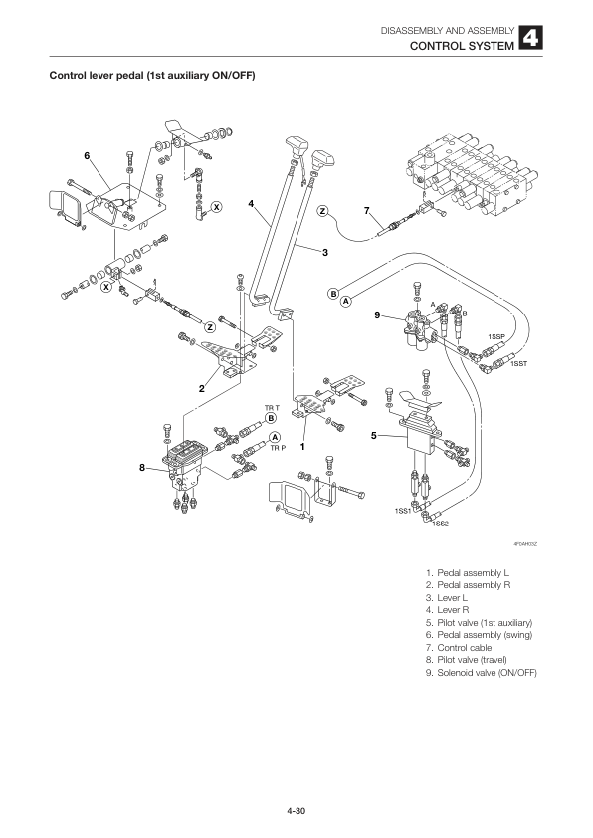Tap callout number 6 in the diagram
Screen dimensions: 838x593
click(87, 156)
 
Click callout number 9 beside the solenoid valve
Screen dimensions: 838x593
click(377, 316)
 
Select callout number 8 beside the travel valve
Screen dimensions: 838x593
click(143, 468)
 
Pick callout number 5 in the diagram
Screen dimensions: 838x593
click(373, 435)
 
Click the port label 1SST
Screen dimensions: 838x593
click(517, 364)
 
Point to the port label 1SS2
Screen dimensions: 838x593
click(441, 524)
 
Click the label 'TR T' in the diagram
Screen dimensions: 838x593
click(271, 408)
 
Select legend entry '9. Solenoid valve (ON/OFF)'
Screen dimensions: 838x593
click(481, 673)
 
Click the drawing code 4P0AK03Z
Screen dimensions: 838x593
click(524, 544)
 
